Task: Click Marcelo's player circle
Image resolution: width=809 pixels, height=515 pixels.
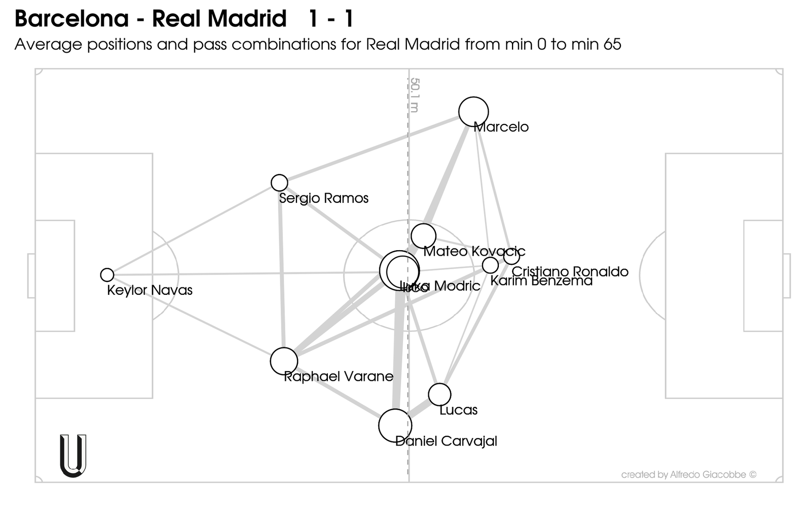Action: (x=473, y=112)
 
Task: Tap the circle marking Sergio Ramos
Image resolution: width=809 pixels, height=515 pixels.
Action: (x=279, y=183)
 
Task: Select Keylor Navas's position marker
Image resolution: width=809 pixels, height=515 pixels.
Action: (x=107, y=275)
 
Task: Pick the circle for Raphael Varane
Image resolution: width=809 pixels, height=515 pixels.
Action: (x=284, y=361)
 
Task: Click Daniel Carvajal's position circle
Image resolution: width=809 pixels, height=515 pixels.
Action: (x=395, y=425)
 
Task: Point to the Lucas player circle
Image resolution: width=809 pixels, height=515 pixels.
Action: (x=439, y=395)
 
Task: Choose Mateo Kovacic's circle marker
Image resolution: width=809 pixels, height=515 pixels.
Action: (x=423, y=236)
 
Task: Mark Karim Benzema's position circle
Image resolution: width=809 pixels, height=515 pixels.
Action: (x=490, y=265)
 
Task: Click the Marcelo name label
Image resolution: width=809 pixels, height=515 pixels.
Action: (x=501, y=127)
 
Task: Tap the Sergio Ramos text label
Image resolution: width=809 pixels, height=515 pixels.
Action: (x=324, y=198)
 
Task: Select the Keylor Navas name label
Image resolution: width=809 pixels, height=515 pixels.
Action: (x=150, y=290)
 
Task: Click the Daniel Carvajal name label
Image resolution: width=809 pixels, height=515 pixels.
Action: (x=446, y=441)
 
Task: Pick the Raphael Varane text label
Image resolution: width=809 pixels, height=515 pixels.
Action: (x=338, y=376)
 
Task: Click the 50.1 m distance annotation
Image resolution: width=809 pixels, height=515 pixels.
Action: (x=415, y=95)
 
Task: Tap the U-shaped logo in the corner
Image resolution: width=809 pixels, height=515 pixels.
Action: (x=73, y=456)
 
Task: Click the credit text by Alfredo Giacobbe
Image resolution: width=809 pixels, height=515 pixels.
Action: (x=688, y=475)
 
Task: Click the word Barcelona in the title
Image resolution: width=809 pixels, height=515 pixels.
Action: (x=72, y=19)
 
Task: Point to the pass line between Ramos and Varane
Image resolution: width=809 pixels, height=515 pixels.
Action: (x=281, y=274)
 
